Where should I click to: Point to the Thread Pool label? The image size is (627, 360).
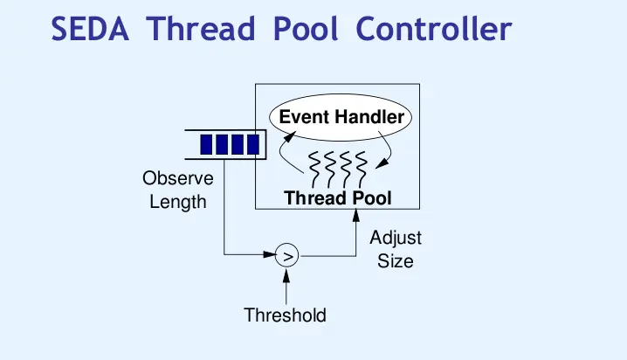pos(338,198)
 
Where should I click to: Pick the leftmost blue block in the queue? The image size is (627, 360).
pos(208,143)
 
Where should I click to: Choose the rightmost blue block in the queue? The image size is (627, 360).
pos(251,143)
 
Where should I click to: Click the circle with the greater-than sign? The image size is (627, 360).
pos(286,255)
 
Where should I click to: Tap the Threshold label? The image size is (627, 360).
pos(286,315)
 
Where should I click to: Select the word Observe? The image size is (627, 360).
pos(177,179)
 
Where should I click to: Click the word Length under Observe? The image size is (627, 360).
pos(177,202)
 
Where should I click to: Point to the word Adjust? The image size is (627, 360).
pos(396,238)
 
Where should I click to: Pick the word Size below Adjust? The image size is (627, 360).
pos(396,260)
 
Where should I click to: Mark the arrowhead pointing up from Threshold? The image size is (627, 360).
pos(286,273)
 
